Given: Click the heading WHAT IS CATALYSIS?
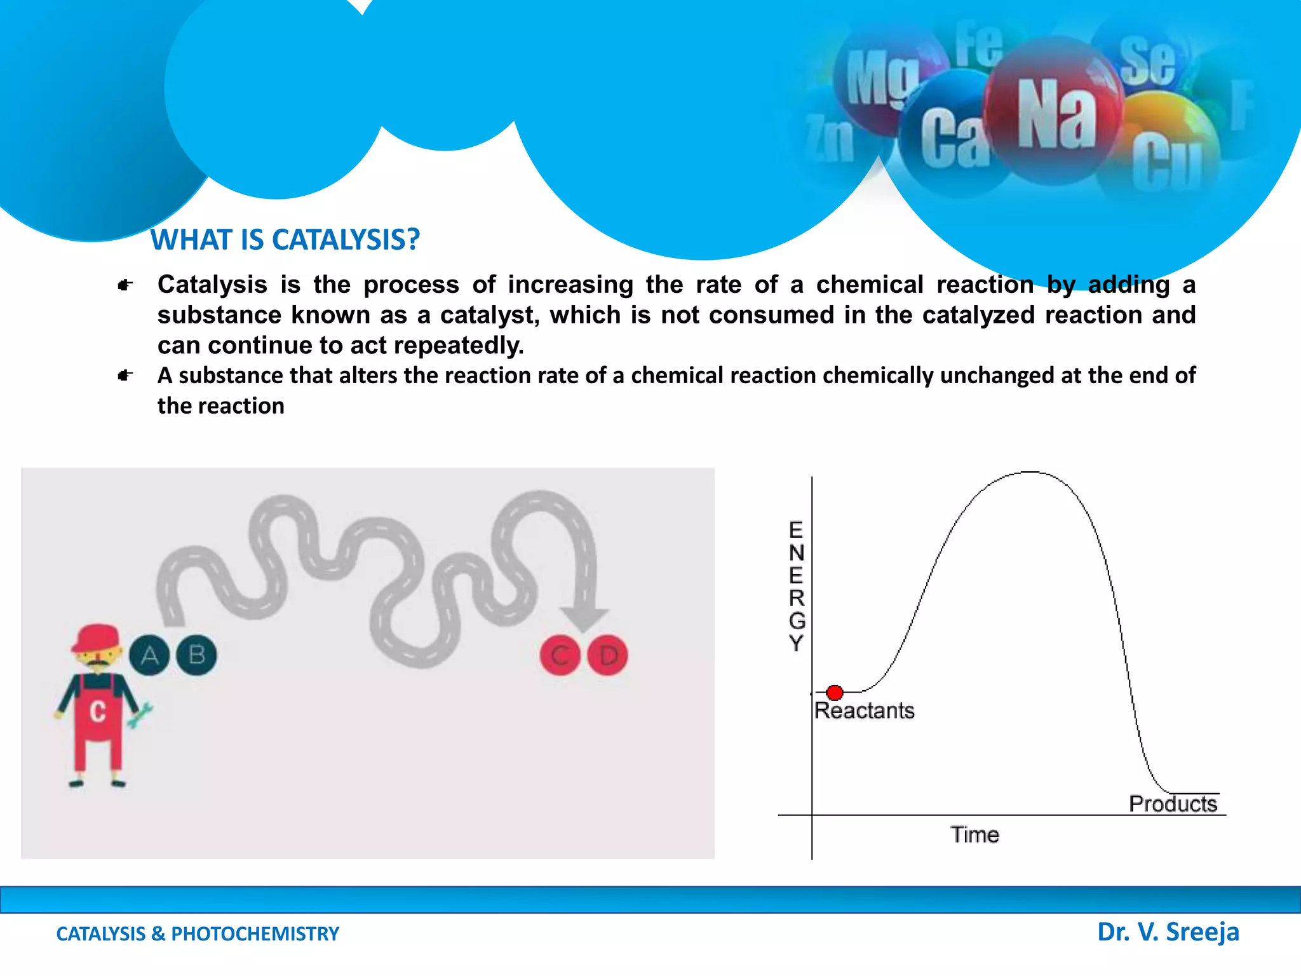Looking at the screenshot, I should [285, 240].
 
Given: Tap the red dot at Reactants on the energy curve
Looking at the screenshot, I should [835, 692].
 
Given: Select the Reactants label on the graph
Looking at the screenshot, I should [864, 710].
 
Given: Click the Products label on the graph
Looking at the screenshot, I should [1173, 804].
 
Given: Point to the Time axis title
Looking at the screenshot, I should [974, 834].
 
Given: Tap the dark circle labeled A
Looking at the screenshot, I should [149, 655].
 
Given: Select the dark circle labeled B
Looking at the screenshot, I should [196, 655].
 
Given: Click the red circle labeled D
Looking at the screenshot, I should [608, 655].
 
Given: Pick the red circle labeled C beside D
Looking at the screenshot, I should [560, 655].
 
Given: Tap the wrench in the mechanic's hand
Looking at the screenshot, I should [140, 714].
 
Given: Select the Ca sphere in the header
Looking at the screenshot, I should [953, 137].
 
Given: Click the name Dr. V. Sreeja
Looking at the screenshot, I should [1168, 932].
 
